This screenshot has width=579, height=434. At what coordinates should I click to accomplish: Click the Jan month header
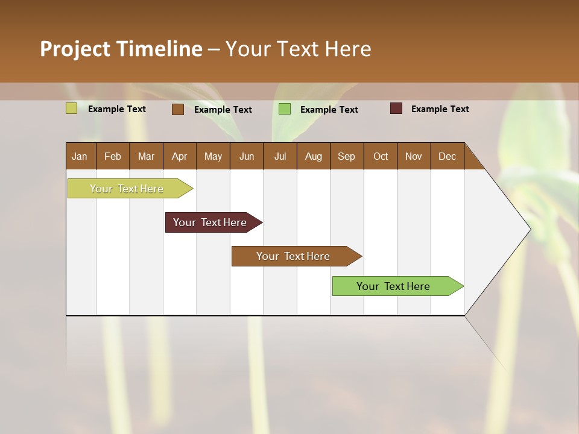(80, 156)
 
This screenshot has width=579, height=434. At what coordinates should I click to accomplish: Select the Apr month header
(180, 156)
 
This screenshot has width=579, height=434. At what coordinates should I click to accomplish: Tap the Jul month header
(280, 156)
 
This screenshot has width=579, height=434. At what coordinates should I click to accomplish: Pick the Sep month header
(347, 156)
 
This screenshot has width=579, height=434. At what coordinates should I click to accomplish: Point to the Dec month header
(448, 156)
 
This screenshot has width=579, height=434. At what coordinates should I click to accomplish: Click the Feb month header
(113, 156)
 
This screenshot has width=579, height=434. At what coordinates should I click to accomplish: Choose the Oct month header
(381, 156)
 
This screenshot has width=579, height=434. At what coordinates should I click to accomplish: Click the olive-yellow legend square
(71, 108)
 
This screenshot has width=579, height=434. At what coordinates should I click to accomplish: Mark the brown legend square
(177, 109)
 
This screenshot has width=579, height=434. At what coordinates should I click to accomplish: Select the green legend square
(284, 109)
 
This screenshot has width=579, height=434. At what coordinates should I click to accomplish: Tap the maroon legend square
(396, 108)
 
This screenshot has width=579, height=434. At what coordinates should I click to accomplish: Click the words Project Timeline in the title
(121, 49)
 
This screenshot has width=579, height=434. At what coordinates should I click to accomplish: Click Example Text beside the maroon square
(440, 109)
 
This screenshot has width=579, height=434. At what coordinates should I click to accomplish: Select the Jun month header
(247, 156)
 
